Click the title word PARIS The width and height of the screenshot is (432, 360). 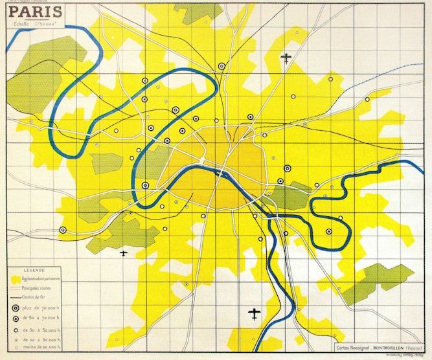36,11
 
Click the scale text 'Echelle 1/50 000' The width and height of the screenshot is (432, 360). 37,24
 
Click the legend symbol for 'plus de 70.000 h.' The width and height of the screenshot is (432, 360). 14,309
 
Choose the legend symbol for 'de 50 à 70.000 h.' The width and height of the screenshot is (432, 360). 14,319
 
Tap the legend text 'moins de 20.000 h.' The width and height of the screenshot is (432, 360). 42,348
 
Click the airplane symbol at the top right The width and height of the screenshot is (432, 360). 286,58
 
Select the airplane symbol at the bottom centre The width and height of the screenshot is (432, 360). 255,314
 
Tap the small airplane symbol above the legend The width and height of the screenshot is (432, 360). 124,253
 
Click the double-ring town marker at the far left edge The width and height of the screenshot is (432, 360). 63,230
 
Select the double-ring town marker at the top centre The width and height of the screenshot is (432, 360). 222,65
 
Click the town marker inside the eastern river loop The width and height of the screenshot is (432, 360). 329,231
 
